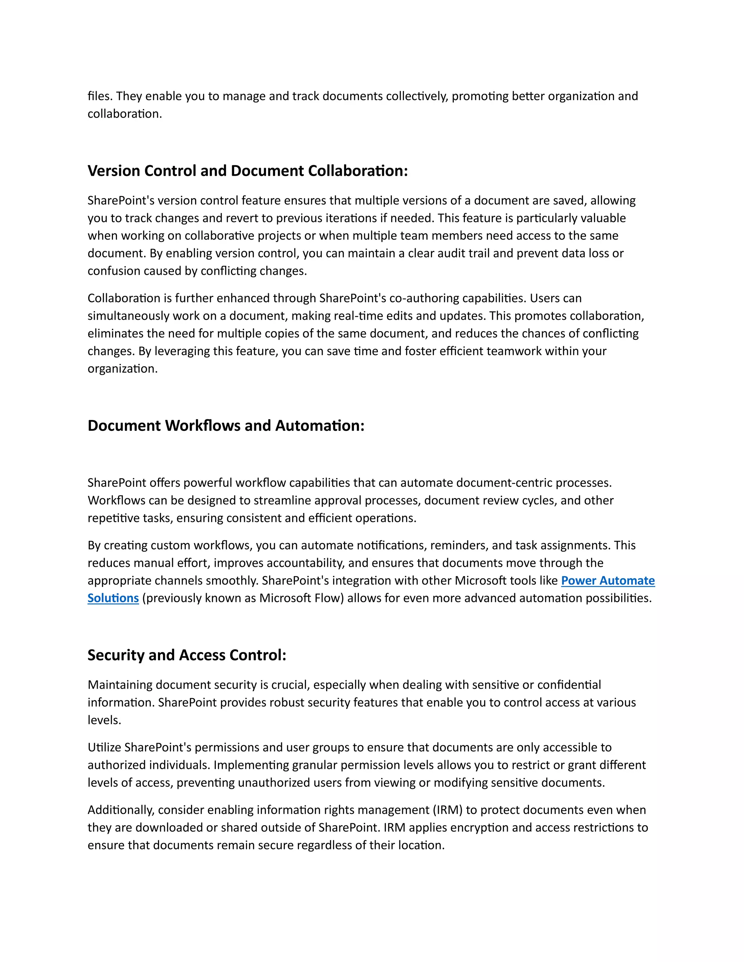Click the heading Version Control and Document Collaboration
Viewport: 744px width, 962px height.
point(247,171)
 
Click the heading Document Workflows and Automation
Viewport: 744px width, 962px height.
point(226,425)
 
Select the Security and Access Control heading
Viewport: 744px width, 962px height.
point(186,655)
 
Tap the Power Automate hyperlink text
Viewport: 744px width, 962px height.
point(607,580)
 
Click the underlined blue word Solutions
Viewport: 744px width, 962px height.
point(113,598)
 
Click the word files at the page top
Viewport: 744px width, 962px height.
point(99,96)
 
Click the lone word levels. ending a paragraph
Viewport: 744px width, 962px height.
point(104,720)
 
